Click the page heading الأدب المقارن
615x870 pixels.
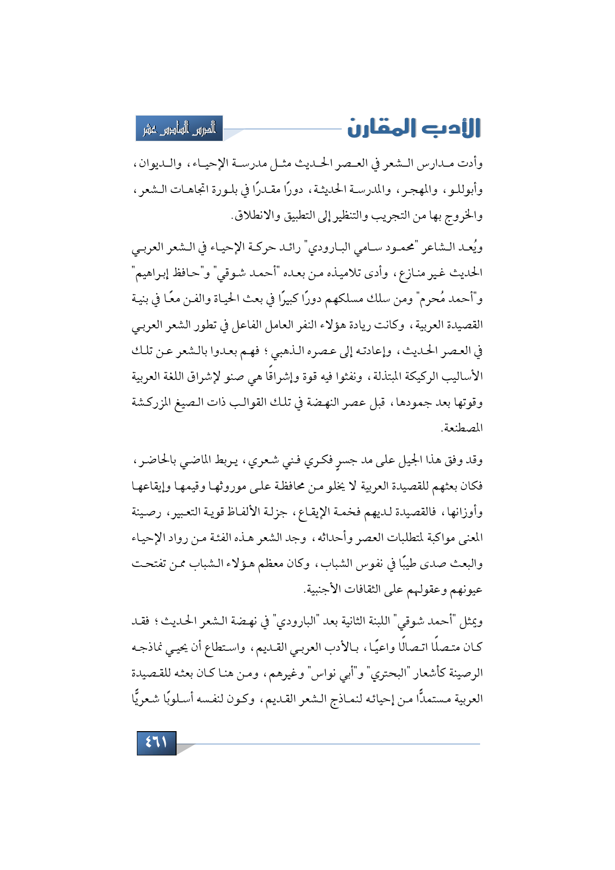pyautogui.click(x=414, y=128)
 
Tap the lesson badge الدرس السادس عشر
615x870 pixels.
pyautogui.click(x=180, y=128)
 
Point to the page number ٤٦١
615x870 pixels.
pyautogui.click(x=156, y=743)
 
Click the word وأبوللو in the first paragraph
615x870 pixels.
pyautogui.click(x=463, y=190)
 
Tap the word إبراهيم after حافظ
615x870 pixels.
pyautogui.click(x=151, y=273)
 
